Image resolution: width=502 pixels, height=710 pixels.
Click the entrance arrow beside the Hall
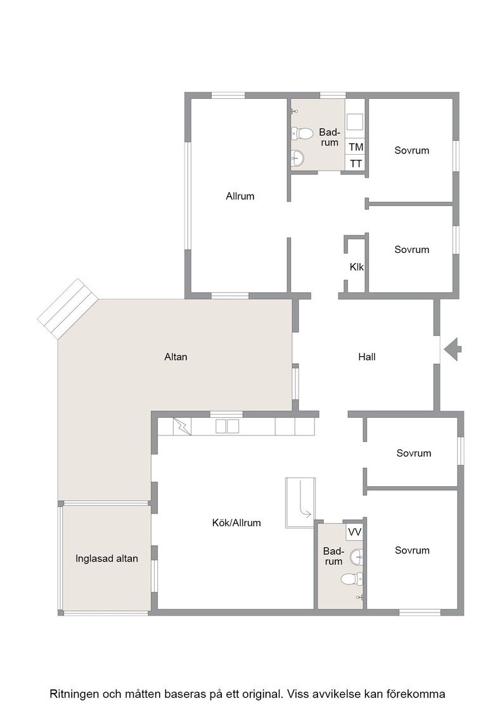click(x=453, y=349)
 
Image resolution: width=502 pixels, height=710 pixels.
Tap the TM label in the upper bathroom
click(x=356, y=147)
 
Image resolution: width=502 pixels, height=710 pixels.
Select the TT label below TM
click(x=356, y=164)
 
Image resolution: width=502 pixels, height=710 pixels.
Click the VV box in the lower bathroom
click(x=355, y=532)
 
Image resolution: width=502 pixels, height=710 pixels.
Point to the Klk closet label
click(x=357, y=267)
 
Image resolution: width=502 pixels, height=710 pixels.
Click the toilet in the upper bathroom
click(x=302, y=134)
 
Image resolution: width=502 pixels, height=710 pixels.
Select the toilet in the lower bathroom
click(x=352, y=579)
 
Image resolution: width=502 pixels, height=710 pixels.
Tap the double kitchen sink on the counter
click(x=228, y=426)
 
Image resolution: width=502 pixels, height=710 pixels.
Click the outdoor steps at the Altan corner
click(x=68, y=309)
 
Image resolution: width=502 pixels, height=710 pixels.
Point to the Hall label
click(x=366, y=357)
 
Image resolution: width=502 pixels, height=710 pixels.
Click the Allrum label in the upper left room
click(x=240, y=196)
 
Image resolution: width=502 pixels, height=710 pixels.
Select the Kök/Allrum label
click(x=236, y=522)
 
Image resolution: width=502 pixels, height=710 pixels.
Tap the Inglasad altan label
click(x=107, y=558)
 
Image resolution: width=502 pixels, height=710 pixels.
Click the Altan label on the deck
click(x=176, y=357)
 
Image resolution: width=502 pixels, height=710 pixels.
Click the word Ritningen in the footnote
click(x=74, y=694)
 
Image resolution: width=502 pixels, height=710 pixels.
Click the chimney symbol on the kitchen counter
click(x=183, y=426)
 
